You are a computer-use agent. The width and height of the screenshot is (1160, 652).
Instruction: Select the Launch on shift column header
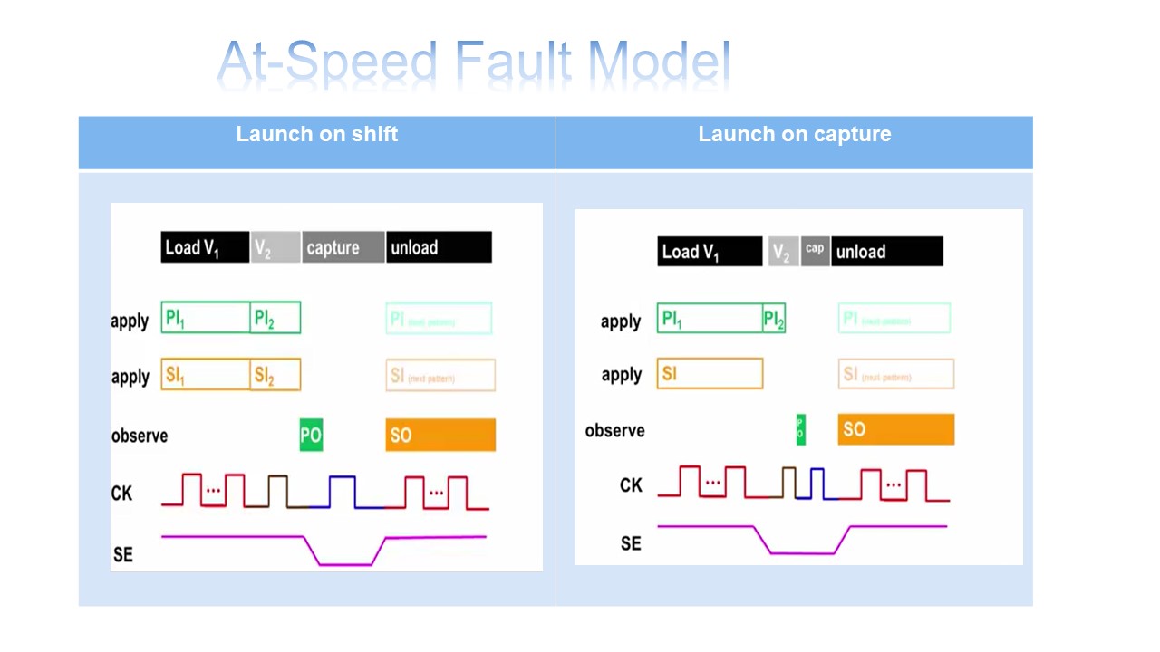click(x=316, y=135)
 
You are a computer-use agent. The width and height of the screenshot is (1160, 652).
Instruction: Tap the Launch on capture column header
click(x=794, y=135)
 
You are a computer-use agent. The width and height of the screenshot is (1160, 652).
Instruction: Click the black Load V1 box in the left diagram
click(x=205, y=247)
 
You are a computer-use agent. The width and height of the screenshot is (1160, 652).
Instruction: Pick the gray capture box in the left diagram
click(x=343, y=247)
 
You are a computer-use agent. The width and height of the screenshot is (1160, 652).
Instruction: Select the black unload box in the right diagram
click(x=886, y=252)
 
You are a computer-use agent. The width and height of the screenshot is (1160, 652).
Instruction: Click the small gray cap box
click(x=815, y=250)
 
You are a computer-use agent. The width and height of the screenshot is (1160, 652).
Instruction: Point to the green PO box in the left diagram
click(x=311, y=435)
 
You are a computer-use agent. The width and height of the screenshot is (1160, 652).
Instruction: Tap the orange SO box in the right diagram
click(x=895, y=429)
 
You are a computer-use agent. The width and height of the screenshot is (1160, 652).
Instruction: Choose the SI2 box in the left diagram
click(x=275, y=375)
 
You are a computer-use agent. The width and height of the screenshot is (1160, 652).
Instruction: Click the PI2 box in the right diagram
click(x=774, y=319)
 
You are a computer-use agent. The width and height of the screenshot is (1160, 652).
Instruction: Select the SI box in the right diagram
click(x=710, y=373)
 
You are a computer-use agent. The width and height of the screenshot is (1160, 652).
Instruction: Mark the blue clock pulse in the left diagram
click(x=342, y=491)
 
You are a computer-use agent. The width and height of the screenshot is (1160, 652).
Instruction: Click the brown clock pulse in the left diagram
click(x=278, y=491)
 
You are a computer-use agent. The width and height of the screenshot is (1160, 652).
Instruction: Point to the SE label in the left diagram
click(x=123, y=553)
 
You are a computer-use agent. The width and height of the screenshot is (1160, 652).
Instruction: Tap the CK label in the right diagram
click(x=631, y=485)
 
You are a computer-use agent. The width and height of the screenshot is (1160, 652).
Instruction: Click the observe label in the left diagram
click(x=140, y=436)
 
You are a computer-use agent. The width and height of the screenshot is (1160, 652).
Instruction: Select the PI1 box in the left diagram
click(x=206, y=318)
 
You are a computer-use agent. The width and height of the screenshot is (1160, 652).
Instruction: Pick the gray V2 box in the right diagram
click(x=782, y=252)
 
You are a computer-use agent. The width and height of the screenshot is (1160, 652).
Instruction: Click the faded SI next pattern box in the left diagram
click(x=440, y=375)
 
